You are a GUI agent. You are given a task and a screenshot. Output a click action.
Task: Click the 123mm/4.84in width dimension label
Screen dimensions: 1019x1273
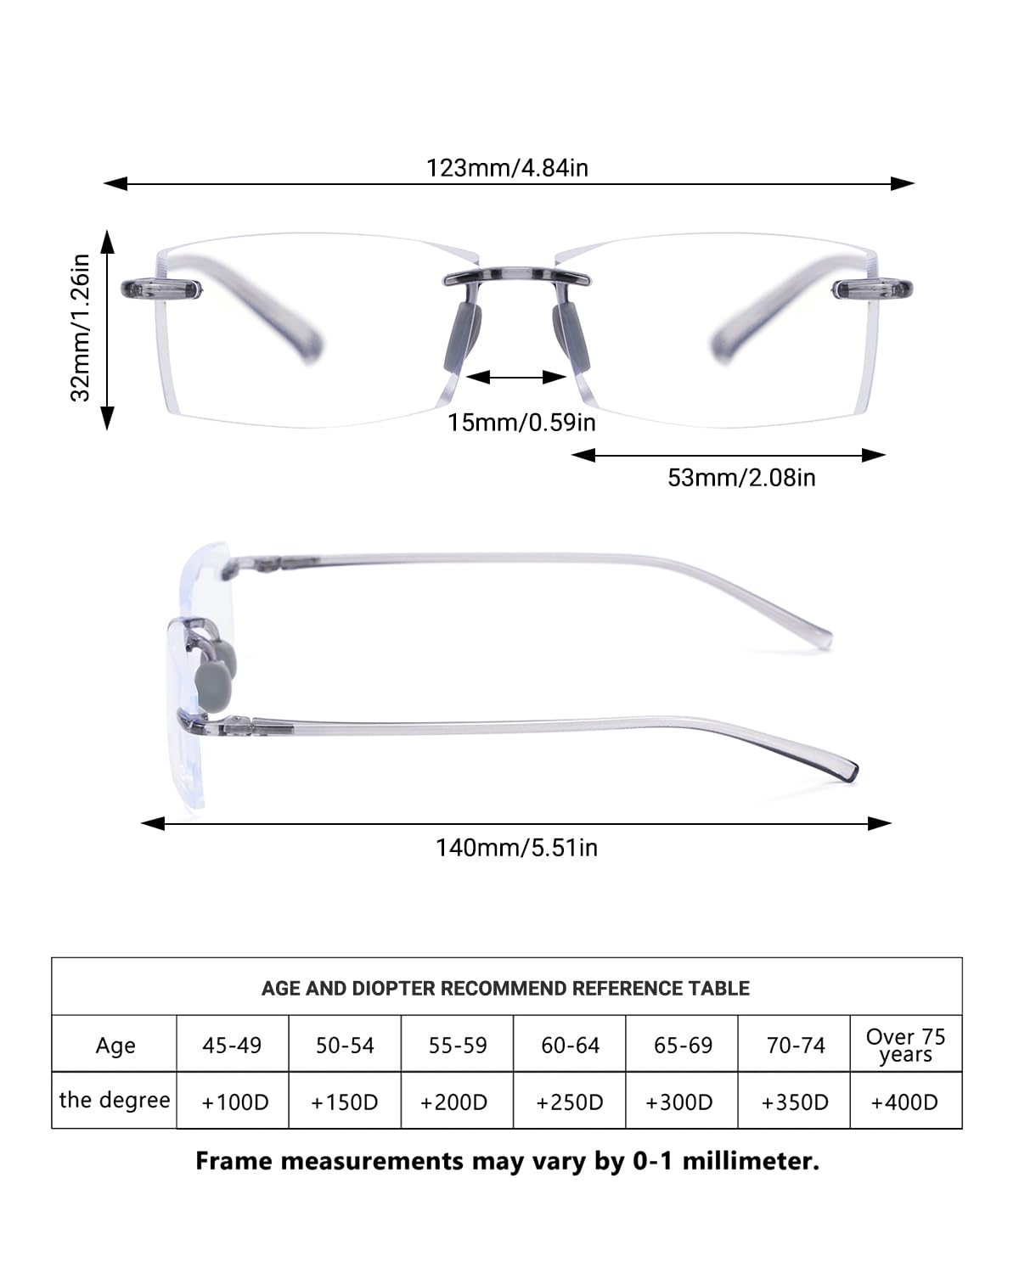[x=508, y=168]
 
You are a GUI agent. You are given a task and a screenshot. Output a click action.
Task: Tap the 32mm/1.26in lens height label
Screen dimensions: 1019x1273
[x=80, y=328]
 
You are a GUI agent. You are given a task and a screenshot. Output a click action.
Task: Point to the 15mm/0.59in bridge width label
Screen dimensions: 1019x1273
[x=521, y=423]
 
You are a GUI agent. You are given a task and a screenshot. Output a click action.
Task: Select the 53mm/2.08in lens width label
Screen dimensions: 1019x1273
[x=741, y=477]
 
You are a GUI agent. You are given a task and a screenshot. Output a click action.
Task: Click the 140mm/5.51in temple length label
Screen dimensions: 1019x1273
[x=517, y=848]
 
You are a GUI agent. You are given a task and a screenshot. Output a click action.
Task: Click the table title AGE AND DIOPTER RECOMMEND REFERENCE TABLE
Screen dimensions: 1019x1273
[x=505, y=989]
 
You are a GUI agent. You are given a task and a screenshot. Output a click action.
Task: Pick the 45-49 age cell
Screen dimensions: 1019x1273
[x=232, y=1046]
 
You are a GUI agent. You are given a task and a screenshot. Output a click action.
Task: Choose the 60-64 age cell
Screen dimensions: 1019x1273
[x=570, y=1046]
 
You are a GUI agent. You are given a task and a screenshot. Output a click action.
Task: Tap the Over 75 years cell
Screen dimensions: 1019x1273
[x=906, y=1046]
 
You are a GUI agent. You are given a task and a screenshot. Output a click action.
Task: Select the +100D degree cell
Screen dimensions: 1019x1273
[x=235, y=1102]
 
